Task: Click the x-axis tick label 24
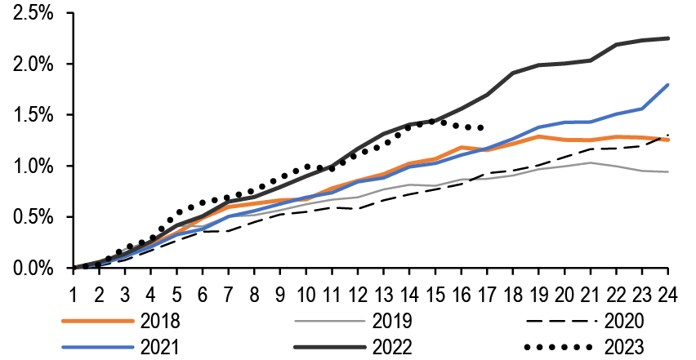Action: pos(668,292)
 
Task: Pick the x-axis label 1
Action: pos(74,292)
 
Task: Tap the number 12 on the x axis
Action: pos(358,292)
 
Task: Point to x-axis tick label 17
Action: pos(487,292)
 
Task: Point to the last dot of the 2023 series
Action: pos(480,127)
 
